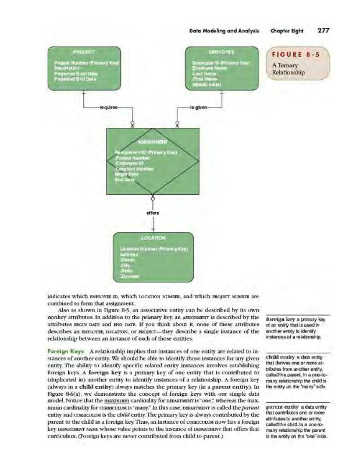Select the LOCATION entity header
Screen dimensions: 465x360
(153, 237)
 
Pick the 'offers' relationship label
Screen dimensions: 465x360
(153, 213)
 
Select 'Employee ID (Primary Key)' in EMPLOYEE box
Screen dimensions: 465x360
(219, 60)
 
